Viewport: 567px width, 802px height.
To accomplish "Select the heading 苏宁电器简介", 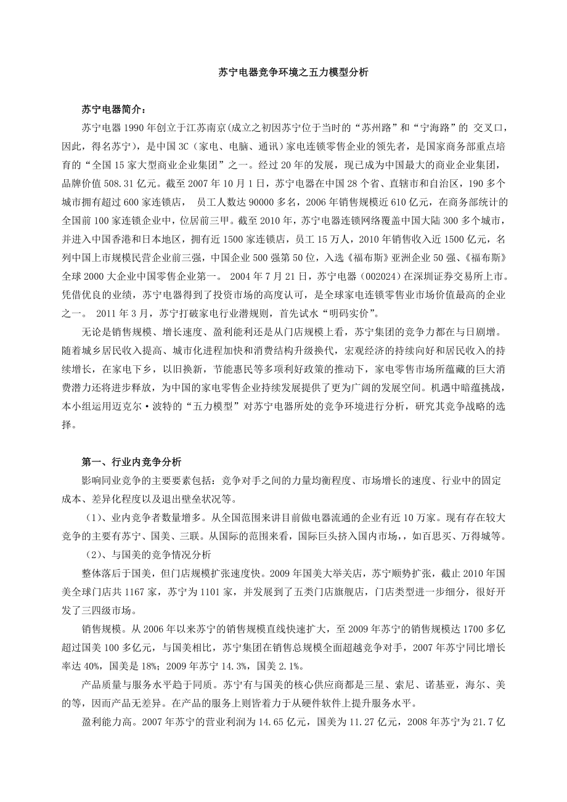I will (x=114, y=110).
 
